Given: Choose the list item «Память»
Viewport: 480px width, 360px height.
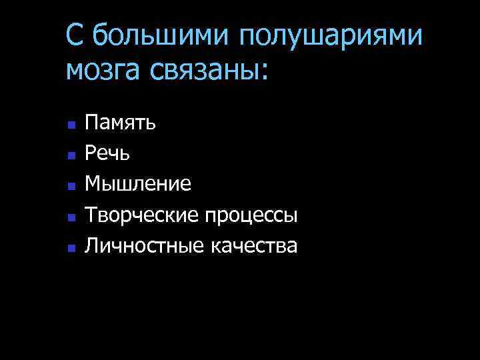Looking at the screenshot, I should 121,122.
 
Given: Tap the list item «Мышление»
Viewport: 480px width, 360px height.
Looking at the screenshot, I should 139,184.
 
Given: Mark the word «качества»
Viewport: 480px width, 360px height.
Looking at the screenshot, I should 254,247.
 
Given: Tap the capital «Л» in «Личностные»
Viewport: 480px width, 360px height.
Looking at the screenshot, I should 91,247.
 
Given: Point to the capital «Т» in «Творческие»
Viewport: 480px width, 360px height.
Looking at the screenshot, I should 91,215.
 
